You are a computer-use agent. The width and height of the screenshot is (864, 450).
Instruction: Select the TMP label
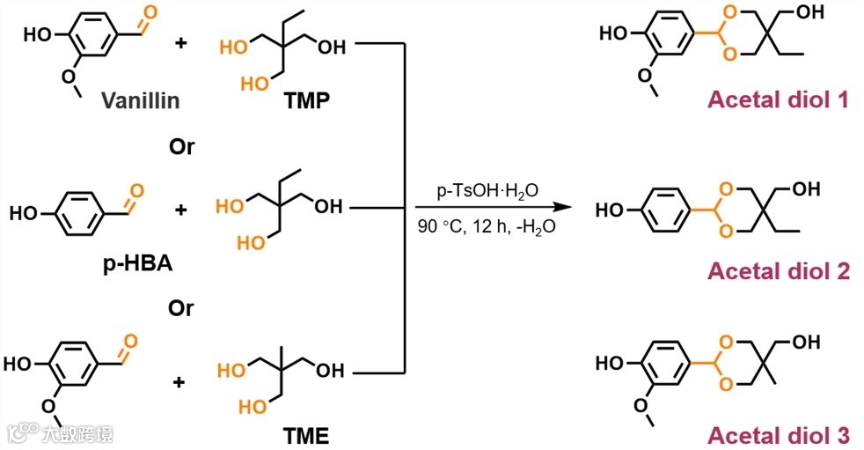(x=307, y=100)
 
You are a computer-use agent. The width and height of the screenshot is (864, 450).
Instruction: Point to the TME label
(x=307, y=433)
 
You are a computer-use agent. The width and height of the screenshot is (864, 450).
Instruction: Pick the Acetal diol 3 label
(x=779, y=434)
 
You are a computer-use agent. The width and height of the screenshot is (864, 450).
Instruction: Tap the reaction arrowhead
(x=554, y=208)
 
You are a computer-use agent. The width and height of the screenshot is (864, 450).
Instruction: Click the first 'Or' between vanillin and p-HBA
(x=182, y=146)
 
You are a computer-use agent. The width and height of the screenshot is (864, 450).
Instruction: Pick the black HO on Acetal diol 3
(x=611, y=363)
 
